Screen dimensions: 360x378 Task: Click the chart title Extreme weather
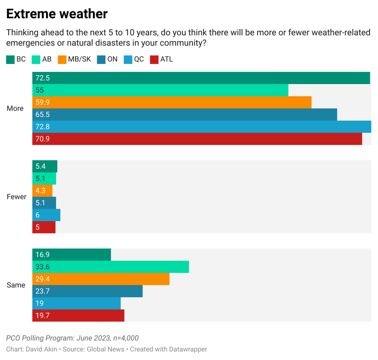(57, 14)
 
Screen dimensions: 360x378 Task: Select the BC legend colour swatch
(10, 60)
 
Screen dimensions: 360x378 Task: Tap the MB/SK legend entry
(75, 59)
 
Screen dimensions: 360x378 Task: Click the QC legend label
(139, 59)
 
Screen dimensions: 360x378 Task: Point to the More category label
(15, 108)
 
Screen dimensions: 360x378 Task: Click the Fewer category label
(16, 197)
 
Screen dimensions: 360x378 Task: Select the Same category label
(16, 285)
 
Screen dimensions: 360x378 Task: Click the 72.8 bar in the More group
(202, 127)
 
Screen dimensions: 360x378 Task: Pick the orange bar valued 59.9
(172, 102)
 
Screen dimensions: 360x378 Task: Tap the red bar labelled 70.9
(197, 139)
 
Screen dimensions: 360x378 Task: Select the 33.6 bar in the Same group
(110, 267)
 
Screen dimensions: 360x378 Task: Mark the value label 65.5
(43, 115)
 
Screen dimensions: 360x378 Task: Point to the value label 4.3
(40, 191)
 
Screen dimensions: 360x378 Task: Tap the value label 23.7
(43, 291)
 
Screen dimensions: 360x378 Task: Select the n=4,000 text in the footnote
(126, 338)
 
